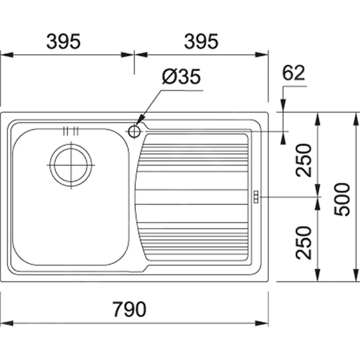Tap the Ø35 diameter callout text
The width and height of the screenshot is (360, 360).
[181, 77]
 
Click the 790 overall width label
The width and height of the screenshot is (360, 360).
[129, 309]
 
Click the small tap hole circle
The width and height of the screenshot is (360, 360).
[134, 131]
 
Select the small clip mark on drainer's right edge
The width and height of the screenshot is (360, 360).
[255, 196]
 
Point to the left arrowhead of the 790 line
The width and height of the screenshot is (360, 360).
[6, 323]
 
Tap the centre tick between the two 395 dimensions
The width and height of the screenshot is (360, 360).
[134, 55]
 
